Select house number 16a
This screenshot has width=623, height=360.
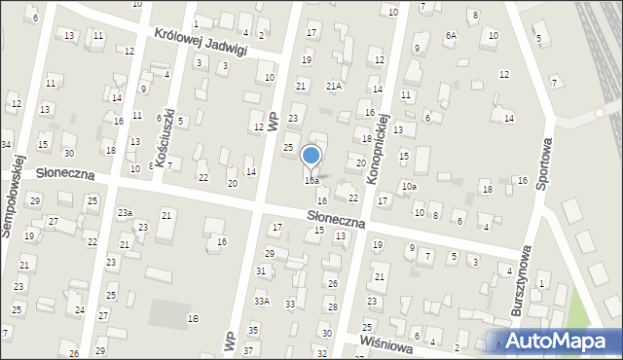[311, 180]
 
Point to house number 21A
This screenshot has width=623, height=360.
[334, 86]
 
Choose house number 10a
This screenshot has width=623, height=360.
[410, 186]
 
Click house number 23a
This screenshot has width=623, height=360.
[125, 212]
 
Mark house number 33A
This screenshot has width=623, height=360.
[261, 302]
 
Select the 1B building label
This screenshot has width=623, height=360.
[193, 319]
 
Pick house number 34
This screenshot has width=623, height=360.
[6, 144]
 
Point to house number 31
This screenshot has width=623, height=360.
[261, 270]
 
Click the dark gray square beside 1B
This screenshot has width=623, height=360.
[170, 314]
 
